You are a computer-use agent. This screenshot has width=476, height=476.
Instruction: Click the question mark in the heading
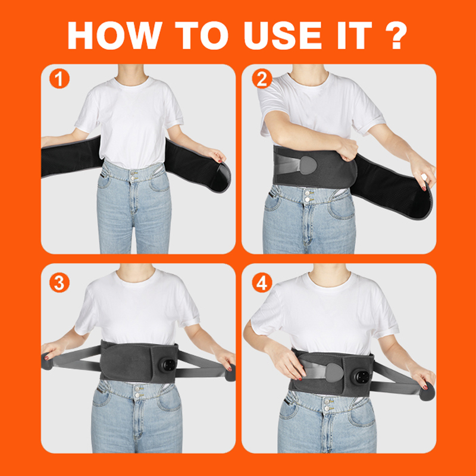[x=396, y=35]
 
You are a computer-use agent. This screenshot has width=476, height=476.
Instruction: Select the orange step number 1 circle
[x=59, y=79]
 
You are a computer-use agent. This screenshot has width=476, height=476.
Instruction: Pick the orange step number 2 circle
[x=262, y=79]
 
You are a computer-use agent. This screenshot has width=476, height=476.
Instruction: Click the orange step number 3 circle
[x=59, y=282]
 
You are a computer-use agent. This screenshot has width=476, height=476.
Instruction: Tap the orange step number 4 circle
[x=262, y=282]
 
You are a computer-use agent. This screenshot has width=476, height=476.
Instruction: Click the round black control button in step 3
[x=168, y=365]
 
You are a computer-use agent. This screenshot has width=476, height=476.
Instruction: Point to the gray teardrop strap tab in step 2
[x=308, y=165]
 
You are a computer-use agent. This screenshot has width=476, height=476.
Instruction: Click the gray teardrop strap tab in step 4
[x=334, y=373]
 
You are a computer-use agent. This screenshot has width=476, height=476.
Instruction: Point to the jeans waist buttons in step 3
[x=137, y=392]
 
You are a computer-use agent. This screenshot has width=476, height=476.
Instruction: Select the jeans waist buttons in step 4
[x=327, y=405]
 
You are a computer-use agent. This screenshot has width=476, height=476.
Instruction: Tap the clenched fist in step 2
[x=346, y=148]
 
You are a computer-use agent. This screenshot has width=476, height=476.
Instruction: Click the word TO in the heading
[x=202, y=35]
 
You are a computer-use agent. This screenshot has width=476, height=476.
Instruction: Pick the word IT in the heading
[x=355, y=35]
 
